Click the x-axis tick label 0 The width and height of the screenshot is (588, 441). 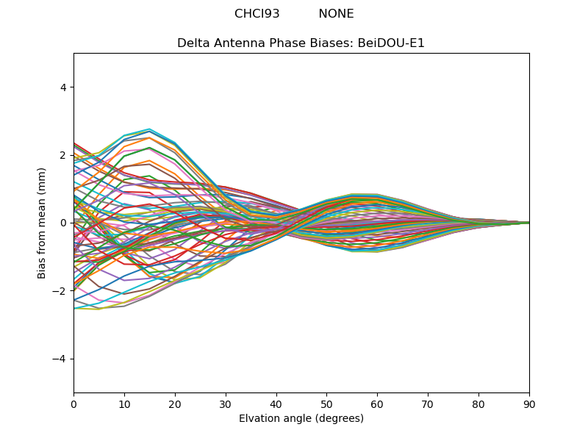[x=73, y=404]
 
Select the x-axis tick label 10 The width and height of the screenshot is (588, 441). [x=124, y=404]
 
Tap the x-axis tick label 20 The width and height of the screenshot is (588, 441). [x=175, y=404]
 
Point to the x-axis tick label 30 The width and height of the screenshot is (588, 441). [x=226, y=404]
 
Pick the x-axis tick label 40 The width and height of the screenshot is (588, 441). [x=276, y=404]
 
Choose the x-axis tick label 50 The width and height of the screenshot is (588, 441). [x=326, y=404]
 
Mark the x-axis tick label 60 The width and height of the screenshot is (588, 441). [x=377, y=404]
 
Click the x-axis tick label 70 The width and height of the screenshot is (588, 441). [x=428, y=404]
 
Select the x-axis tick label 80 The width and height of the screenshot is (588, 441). [x=478, y=404]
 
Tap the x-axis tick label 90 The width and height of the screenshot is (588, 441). [x=529, y=404]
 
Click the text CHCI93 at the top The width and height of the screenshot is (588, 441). [x=257, y=14]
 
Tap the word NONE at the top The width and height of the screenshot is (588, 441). [x=336, y=14]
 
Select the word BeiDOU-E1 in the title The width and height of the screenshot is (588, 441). [x=391, y=43]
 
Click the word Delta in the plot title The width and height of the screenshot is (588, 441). [x=193, y=43]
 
